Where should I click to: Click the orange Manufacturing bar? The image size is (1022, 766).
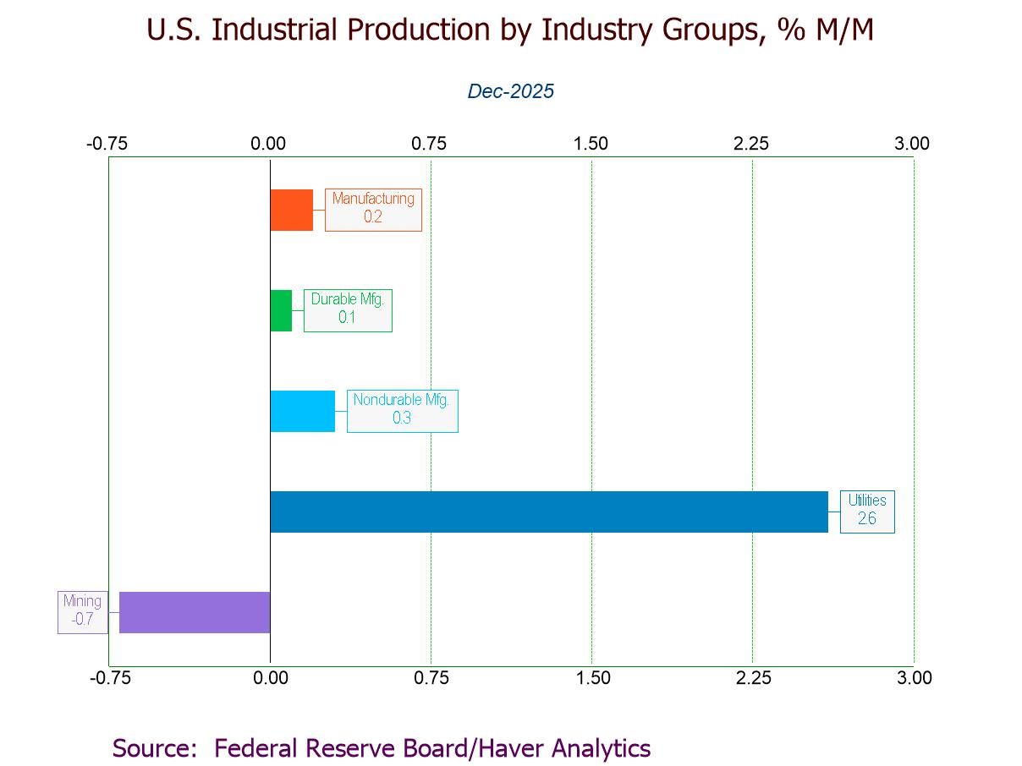pos(291,210)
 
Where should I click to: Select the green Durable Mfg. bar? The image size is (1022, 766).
pos(281,310)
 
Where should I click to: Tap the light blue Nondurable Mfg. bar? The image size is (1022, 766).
pos(302,411)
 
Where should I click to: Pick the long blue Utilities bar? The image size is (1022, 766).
pos(548,512)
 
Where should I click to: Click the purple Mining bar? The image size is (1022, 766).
pos(195,612)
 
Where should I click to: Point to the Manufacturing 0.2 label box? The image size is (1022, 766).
pos(373,209)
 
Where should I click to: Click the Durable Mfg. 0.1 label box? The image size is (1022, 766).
pos(348,309)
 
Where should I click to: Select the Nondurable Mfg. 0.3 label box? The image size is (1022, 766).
pos(402,410)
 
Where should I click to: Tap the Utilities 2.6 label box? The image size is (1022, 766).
pos(866,511)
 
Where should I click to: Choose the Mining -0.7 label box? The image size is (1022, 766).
pos(83,612)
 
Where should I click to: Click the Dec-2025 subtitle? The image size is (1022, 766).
pos(510,91)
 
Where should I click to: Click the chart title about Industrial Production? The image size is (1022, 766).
pos(510,30)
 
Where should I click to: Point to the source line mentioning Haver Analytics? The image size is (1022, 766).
pos(382,748)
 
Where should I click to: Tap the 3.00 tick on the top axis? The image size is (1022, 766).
pos(912,144)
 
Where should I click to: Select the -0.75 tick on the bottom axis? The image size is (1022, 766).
pos(109,678)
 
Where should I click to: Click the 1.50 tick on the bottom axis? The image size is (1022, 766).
pos(591,678)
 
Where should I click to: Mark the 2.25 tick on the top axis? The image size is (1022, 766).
pos(751,144)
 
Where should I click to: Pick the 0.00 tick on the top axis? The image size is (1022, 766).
pos(268,144)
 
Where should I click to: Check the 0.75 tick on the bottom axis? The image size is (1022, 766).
pos(431,678)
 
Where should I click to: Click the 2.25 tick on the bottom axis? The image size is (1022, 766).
pos(752,678)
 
